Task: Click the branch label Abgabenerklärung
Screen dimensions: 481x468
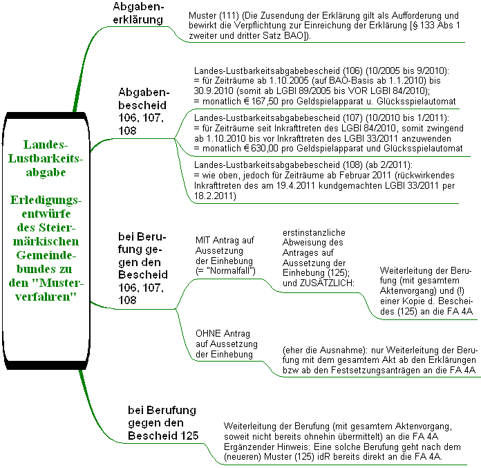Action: coord(138,13)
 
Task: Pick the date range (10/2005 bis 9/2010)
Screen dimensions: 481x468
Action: coord(407,71)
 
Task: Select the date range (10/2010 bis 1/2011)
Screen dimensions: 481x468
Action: coord(407,118)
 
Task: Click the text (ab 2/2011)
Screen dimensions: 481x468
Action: coord(389,165)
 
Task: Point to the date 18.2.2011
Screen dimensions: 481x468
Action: coord(214,196)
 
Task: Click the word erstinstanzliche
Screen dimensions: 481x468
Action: coord(314,233)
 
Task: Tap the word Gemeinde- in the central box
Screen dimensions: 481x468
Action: coord(46,255)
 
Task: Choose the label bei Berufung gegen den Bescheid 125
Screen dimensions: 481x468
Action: coord(163,423)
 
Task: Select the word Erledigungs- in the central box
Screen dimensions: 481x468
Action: coord(46,200)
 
